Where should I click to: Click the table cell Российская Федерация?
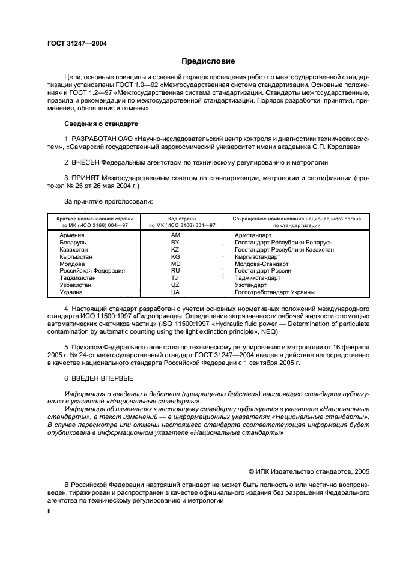pos(92,271)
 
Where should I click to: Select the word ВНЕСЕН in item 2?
pos(88,162)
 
